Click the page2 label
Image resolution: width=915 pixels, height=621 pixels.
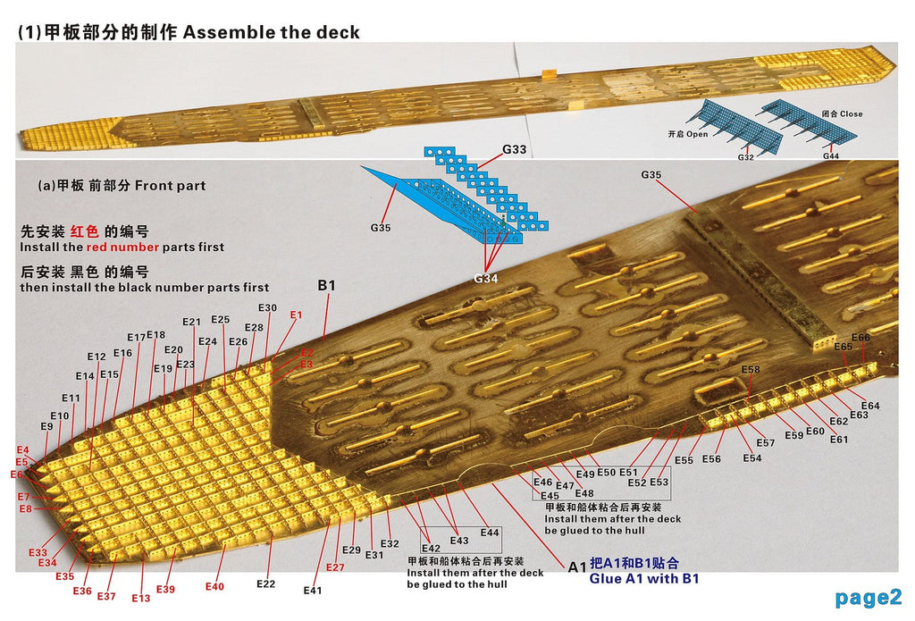point(869,598)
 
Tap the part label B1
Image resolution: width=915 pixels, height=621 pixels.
point(327,285)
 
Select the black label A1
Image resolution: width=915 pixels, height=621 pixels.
point(576,566)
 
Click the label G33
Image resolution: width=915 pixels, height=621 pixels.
point(514,149)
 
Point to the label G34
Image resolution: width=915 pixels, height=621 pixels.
point(485,279)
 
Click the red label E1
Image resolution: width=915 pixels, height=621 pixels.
point(297,315)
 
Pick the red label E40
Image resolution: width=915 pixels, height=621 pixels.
point(214,586)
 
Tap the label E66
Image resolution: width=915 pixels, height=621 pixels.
point(860,338)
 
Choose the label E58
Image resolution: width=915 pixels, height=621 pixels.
point(751,369)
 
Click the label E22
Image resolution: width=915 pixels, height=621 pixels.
point(266,583)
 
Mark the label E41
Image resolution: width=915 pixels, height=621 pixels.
point(313,590)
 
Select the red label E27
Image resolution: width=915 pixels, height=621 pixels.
point(335,567)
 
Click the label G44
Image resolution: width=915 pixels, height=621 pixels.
point(831,155)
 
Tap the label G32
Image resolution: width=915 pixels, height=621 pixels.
point(746,157)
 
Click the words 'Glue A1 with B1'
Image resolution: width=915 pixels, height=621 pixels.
point(644,578)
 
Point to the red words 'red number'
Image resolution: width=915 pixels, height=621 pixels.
point(122,247)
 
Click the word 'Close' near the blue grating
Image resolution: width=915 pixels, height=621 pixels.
point(852,113)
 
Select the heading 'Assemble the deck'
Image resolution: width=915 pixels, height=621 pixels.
point(272,32)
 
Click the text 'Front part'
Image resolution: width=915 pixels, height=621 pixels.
point(171,186)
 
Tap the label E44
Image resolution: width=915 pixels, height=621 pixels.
point(490,533)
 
